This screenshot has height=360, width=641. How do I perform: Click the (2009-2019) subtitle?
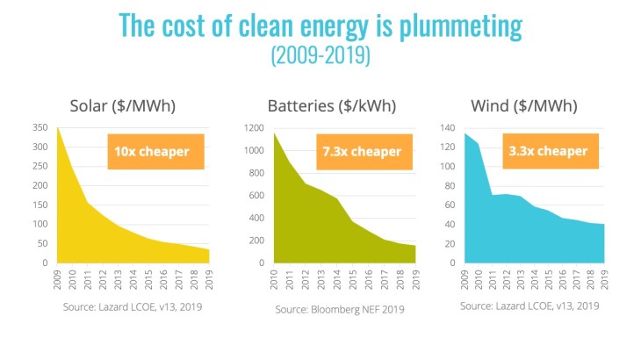pyautogui.click(x=320, y=55)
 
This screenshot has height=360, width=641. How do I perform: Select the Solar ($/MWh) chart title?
pyautogui.click(x=123, y=107)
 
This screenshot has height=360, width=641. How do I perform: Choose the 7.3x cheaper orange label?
pyautogui.click(x=362, y=151)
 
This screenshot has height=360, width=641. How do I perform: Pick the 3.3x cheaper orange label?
pyautogui.click(x=550, y=151)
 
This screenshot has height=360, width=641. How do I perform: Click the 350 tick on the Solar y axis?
pyautogui.click(x=40, y=128)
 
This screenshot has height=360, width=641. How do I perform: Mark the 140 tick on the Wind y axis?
pyautogui.click(x=448, y=128)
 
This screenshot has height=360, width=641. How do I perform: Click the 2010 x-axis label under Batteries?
pyautogui.click(x=275, y=280)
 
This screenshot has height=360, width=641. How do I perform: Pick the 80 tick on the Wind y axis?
pyautogui.click(x=450, y=186)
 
